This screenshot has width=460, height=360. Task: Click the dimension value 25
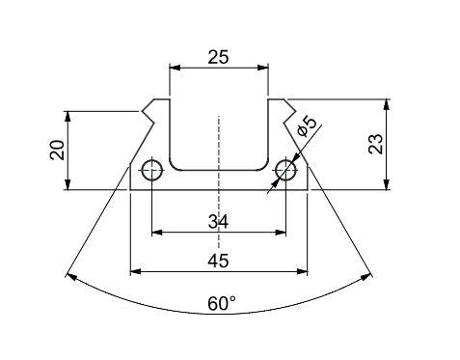218,57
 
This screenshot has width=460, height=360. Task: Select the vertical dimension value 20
58,151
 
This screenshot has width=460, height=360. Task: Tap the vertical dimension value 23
376,144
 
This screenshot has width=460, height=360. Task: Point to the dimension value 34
218,222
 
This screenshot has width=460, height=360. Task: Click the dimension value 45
218,261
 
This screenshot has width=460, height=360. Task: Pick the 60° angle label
222,303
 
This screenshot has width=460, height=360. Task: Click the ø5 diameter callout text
308,127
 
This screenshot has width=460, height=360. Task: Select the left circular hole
152,170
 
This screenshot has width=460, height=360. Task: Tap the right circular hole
285,170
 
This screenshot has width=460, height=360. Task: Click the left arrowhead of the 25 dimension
175,68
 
